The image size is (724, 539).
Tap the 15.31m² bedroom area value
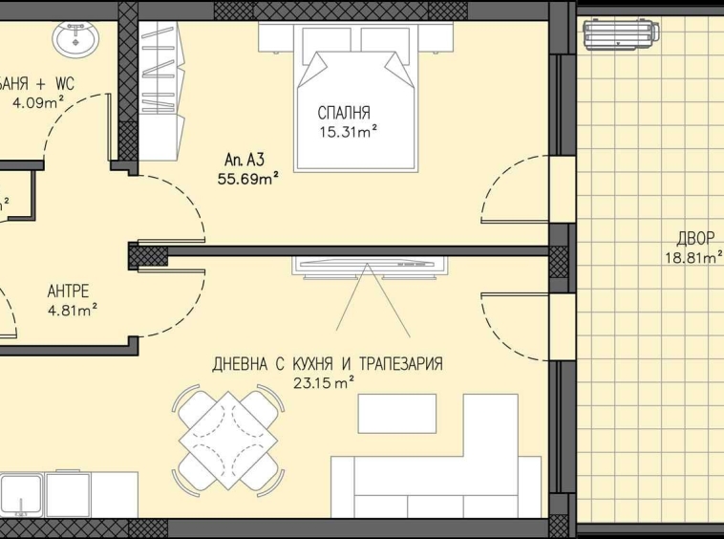click(x=349, y=132)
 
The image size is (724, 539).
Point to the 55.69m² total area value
click(x=247, y=179)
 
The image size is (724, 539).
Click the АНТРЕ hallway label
click(x=70, y=292)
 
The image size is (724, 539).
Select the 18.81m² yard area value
click(x=693, y=256)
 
